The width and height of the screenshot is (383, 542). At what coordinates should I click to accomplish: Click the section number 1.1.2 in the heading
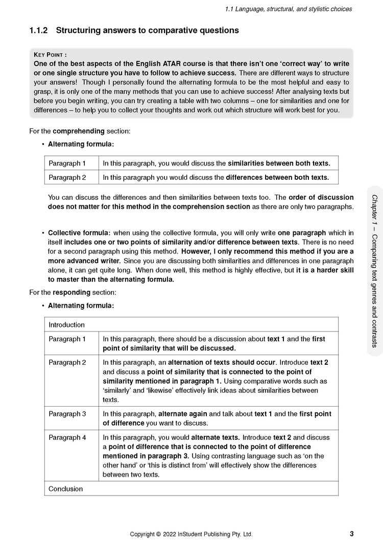pyautogui.click(x=39, y=31)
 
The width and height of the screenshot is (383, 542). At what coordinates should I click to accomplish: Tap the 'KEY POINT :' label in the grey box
pyautogui.click(x=50, y=55)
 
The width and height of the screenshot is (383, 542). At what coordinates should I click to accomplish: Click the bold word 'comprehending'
pyautogui.click(x=77, y=131)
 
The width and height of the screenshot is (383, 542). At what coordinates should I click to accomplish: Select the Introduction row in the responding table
pyautogui.click(x=66, y=325)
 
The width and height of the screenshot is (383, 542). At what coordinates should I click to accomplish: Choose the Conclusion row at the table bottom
pyautogui.click(x=65, y=489)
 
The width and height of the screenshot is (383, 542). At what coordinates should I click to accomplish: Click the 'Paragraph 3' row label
pyautogui.click(x=67, y=414)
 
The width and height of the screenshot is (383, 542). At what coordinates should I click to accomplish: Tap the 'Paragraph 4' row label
pyautogui.click(x=67, y=438)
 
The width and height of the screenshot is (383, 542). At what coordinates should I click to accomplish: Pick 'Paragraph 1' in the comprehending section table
pyautogui.click(x=67, y=163)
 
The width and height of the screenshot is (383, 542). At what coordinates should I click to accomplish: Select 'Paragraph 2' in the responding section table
pyautogui.click(x=67, y=362)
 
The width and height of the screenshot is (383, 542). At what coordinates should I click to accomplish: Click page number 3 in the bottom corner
pyautogui.click(x=352, y=534)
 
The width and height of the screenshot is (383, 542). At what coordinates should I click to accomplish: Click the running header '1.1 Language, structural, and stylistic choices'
pyautogui.click(x=288, y=9)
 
